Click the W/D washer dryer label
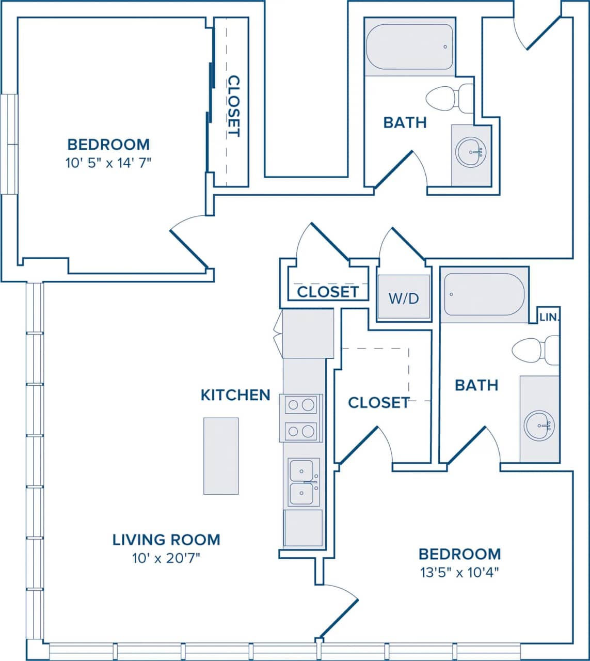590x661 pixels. (404, 298)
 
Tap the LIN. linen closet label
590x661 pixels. (549, 317)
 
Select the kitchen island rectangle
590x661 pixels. (221, 456)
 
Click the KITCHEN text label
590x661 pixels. (235, 395)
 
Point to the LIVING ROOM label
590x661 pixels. (166, 540)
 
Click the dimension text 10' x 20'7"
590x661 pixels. (166, 558)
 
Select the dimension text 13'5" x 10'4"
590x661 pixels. (459, 572)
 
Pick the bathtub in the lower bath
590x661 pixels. (484, 294)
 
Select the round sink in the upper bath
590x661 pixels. (471, 152)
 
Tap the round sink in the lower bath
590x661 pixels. (539, 426)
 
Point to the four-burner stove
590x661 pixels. (301, 417)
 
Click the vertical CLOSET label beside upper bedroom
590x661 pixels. (234, 106)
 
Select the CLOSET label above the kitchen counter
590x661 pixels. (328, 292)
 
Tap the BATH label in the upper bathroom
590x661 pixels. (405, 122)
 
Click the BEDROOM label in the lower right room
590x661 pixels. (459, 554)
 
